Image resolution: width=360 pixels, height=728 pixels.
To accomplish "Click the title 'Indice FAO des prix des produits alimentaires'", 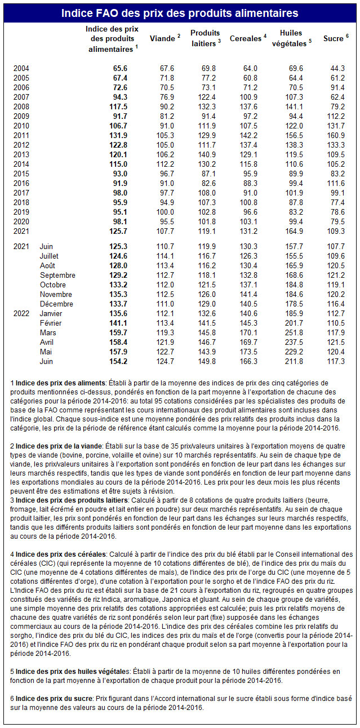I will [x=180, y=12].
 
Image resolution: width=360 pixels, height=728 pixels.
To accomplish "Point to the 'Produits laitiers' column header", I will [x=205, y=38].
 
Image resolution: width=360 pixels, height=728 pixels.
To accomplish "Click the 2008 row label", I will [x=21, y=106].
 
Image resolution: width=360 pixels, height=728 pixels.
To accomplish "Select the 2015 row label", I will [x=21, y=174].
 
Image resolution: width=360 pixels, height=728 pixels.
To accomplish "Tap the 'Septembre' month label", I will [x=57, y=275].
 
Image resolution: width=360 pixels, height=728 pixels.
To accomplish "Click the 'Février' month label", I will [x=51, y=323].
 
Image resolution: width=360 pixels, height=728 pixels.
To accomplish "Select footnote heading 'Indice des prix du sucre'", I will [x=54, y=698].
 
